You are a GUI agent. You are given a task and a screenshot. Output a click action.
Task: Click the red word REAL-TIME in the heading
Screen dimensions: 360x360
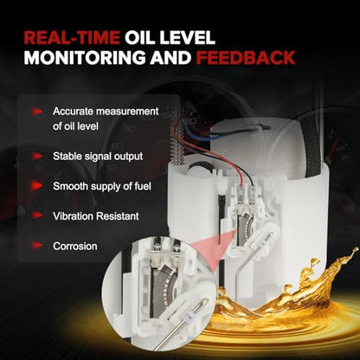click(72, 37)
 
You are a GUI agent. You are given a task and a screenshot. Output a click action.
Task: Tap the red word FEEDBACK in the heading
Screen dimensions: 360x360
click(246, 57)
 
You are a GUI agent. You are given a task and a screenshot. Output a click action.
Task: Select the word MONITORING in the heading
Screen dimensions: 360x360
click(85, 57)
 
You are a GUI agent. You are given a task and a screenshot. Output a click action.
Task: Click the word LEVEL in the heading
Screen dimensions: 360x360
click(190, 37)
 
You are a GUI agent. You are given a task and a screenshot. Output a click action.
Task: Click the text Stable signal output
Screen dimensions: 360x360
click(98, 157)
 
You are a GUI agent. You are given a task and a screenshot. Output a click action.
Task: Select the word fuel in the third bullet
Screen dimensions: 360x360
click(143, 186)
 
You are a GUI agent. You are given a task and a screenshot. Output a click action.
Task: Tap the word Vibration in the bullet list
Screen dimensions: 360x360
click(74, 216)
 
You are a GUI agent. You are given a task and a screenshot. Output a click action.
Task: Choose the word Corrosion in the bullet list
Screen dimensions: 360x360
click(75, 246)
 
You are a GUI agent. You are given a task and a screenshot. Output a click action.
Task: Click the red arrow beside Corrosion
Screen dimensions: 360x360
click(36, 246)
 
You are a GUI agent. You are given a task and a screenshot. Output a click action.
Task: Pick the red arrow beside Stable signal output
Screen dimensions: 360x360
click(36, 157)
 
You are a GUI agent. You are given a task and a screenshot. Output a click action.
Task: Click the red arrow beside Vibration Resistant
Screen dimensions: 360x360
click(36, 215)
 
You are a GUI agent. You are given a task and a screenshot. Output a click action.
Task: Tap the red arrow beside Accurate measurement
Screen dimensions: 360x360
click(36, 112)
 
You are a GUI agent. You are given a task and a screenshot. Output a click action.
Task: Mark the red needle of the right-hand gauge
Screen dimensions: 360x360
click(332, 150)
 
